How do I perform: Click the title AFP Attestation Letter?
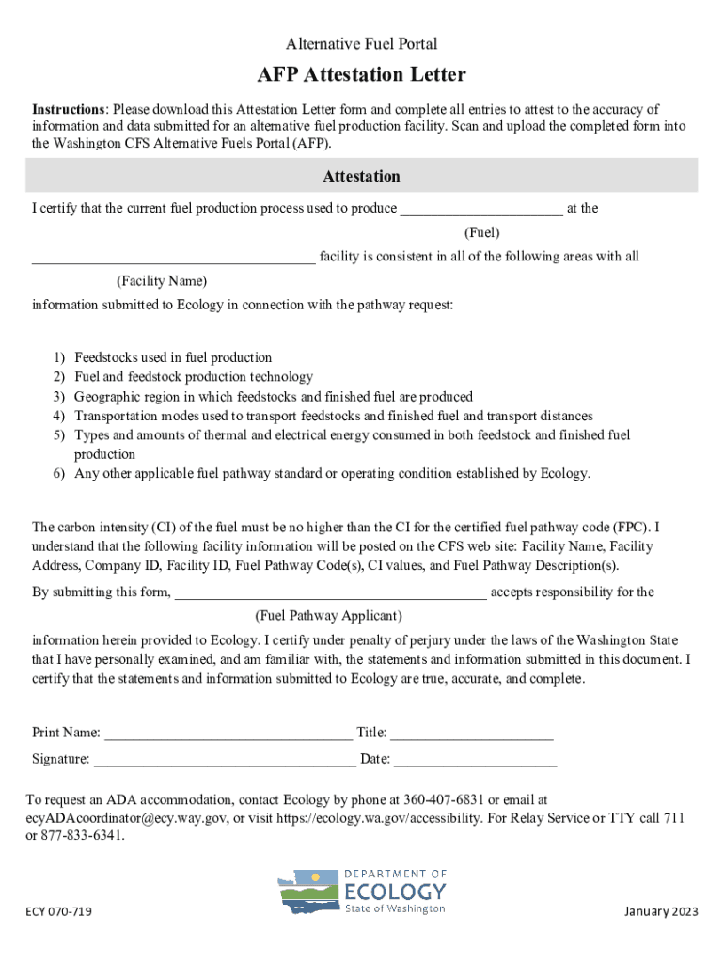pyautogui.click(x=362, y=74)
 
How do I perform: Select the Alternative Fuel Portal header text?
pyautogui.click(x=362, y=44)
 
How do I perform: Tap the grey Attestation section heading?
pyautogui.click(x=362, y=176)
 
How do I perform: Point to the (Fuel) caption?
pyautogui.click(x=482, y=232)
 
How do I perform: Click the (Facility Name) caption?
pyautogui.click(x=162, y=281)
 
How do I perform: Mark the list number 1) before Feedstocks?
pyautogui.click(x=59, y=357)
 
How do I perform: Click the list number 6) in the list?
pyautogui.click(x=59, y=473)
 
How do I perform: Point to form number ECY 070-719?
pyautogui.click(x=58, y=912)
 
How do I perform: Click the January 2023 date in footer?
pyautogui.click(x=661, y=912)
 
